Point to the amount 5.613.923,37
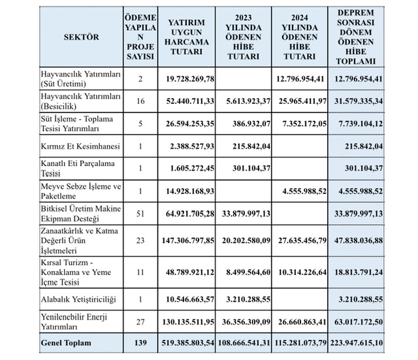(243, 100)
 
